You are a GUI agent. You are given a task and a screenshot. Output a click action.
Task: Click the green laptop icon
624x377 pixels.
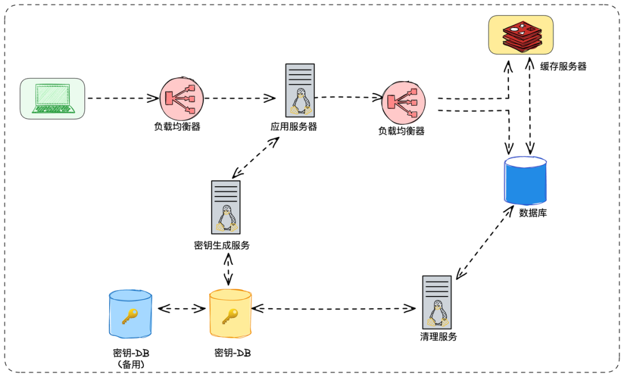[x=53, y=99]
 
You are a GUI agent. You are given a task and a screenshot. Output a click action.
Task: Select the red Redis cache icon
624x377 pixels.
[x=521, y=35]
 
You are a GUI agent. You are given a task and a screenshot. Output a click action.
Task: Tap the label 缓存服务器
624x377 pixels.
[x=563, y=66]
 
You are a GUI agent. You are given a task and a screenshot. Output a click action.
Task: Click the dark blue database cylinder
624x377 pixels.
[x=525, y=180]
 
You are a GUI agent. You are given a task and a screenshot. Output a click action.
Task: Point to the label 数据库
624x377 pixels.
[x=533, y=213]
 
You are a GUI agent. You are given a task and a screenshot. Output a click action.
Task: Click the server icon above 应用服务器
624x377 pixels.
[x=300, y=90]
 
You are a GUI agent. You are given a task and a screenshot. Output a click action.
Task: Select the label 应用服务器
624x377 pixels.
[x=294, y=127]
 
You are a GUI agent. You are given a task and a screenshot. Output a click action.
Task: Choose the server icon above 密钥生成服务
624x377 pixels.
[x=226, y=208]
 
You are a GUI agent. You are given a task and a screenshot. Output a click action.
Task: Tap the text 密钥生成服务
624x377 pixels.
[x=222, y=245]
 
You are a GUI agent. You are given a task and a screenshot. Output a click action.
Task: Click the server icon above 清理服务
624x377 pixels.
[x=437, y=302]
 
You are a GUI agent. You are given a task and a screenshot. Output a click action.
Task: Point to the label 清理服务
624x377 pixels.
[x=439, y=337]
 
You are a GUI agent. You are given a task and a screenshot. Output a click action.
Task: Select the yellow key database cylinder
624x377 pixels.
[x=231, y=314]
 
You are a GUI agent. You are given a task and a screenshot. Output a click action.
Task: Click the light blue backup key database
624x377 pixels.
[x=131, y=314]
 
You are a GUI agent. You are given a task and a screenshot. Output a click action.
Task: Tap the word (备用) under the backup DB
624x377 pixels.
[x=131, y=364]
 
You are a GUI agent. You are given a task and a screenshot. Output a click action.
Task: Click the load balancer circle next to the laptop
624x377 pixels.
[x=181, y=98]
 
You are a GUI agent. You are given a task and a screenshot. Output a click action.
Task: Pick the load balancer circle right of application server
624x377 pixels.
[x=403, y=103]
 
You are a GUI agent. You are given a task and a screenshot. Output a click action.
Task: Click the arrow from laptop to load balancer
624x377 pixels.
[x=123, y=98]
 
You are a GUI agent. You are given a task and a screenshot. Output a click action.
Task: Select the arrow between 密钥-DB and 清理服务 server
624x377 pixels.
[x=333, y=308]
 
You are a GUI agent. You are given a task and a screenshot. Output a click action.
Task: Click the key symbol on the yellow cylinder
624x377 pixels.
[x=230, y=316]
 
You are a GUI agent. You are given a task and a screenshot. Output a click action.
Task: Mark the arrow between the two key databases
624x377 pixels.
[x=181, y=309]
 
